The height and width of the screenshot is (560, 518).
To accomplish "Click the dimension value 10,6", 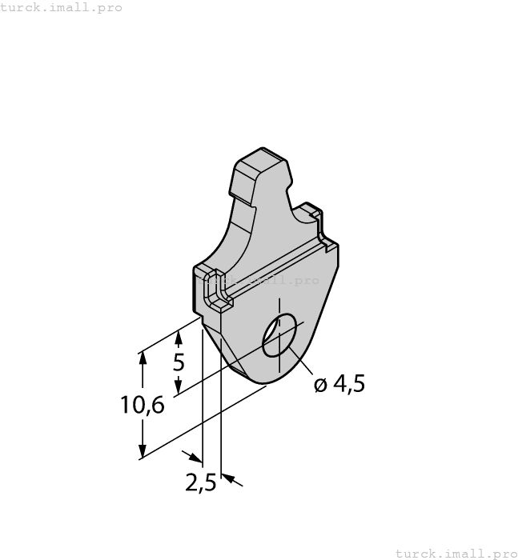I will pyautogui.click(x=143, y=406).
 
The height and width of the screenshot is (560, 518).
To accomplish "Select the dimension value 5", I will pyautogui.click(x=179, y=362).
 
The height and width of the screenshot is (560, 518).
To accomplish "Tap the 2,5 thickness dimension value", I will pyautogui.click(x=200, y=483).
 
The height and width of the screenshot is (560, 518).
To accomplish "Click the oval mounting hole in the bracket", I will pyautogui.click(x=279, y=334).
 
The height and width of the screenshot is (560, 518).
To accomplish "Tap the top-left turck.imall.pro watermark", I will pyautogui.click(x=62, y=7).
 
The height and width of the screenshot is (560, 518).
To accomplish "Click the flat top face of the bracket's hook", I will pyautogui.click(x=261, y=162).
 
